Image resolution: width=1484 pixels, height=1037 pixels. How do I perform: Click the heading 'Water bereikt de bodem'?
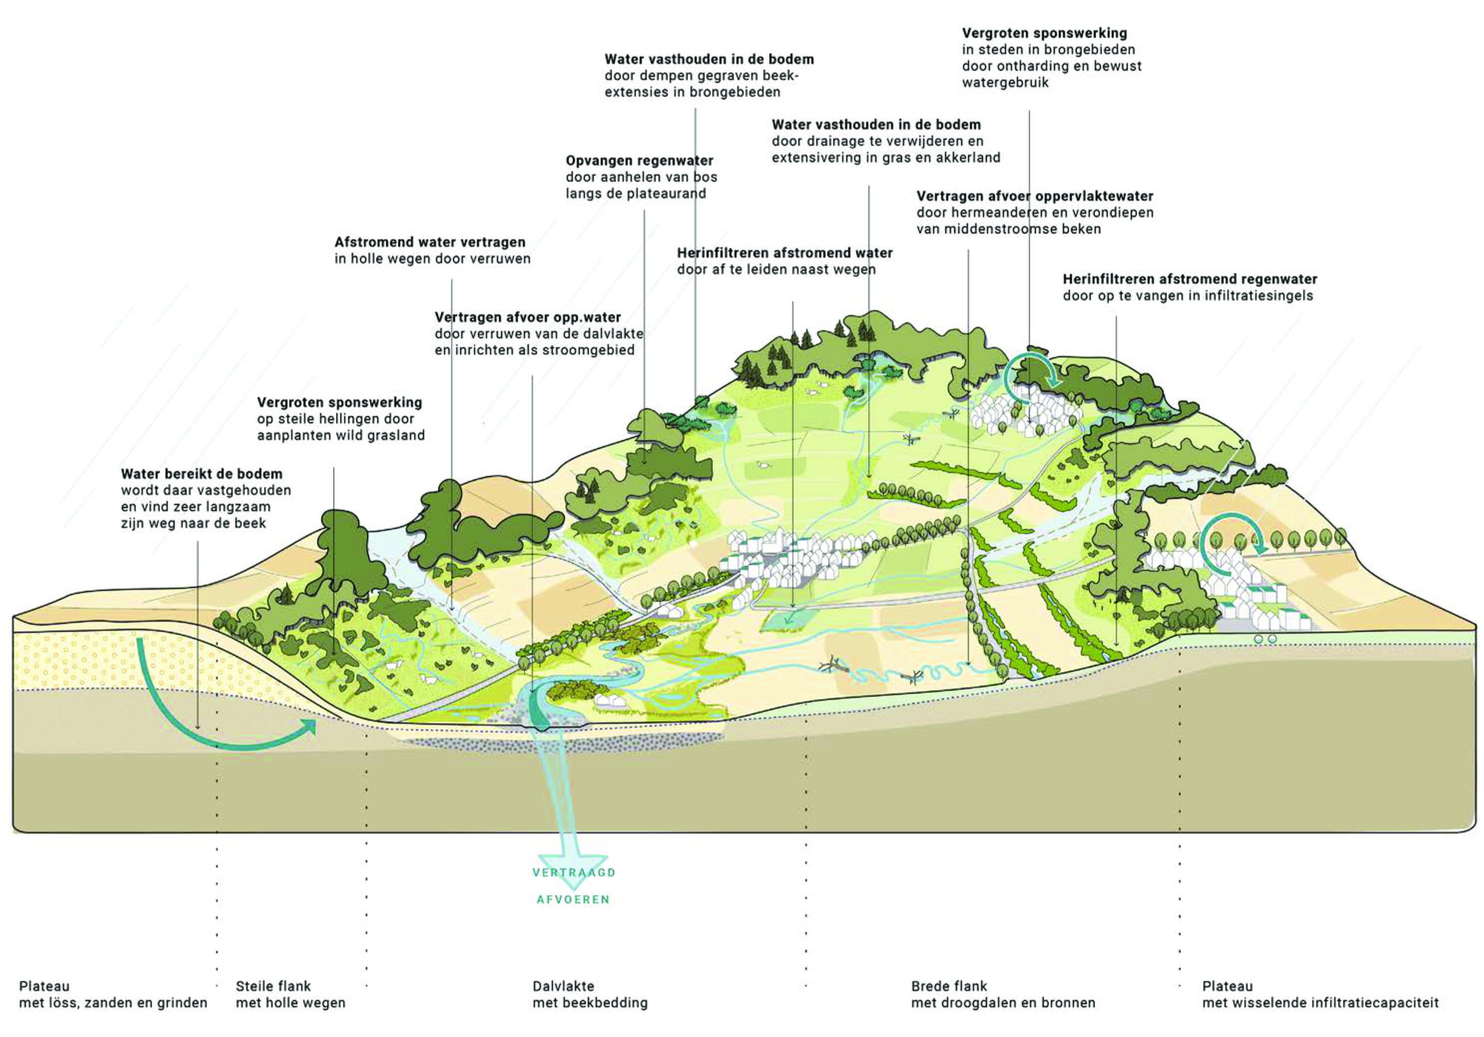pos(202,474)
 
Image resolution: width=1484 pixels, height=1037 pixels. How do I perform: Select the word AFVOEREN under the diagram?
pos(573,900)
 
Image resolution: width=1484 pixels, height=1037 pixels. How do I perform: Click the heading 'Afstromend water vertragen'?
pos(430,242)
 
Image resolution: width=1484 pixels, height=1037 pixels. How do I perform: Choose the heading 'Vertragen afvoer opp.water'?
pos(528,317)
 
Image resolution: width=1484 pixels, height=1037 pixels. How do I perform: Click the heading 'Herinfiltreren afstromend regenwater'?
pos(1190,280)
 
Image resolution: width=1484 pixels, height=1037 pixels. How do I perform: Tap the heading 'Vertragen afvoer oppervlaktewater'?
pos(1035,196)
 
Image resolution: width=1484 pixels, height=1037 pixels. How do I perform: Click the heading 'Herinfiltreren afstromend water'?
pos(785,253)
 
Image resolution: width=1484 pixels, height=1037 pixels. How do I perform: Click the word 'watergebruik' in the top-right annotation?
pos(1005,83)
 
